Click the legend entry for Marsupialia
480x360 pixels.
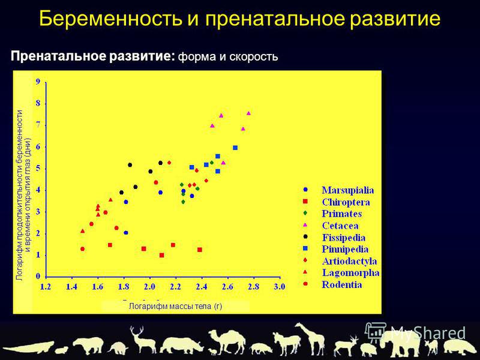pos(347,190)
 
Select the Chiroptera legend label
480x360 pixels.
pos(346,202)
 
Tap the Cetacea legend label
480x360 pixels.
pos(340,226)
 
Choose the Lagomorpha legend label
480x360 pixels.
pos(350,273)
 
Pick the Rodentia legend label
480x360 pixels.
pos(341,284)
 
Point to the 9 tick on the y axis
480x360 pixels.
pos(38,82)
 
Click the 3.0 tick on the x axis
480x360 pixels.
pos(279,287)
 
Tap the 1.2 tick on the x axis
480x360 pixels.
pos(46,287)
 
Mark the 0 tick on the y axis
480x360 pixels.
pos(38,277)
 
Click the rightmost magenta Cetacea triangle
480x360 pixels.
pos(248,113)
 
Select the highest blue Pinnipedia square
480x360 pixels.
pos(235,148)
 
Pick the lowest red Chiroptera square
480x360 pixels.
pos(161,256)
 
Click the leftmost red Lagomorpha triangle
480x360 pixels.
pos(82,231)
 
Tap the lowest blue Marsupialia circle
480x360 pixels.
pos(126,233)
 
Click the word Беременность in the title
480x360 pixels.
pos(110,19)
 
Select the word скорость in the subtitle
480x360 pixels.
pos(253,57)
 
